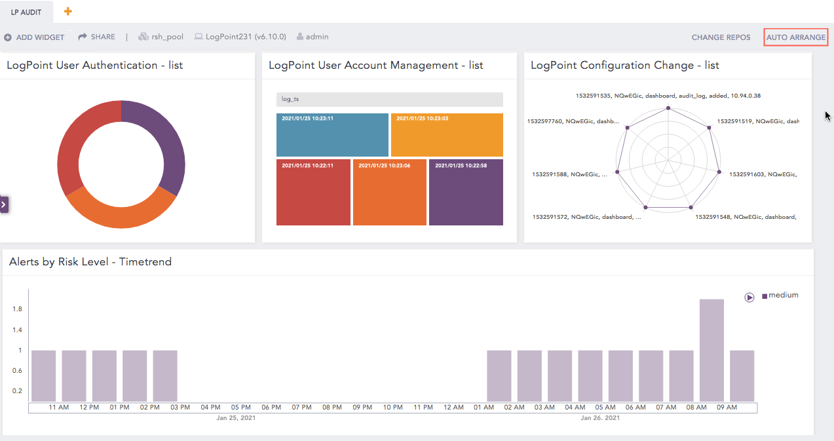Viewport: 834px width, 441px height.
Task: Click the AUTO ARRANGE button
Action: [x=796, y=37]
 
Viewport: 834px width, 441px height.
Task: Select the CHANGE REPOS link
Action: [x=721, y=37]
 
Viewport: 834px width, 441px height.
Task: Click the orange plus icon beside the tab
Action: [x=68, y=12]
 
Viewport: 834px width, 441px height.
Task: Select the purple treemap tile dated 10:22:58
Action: [x=466, y=192]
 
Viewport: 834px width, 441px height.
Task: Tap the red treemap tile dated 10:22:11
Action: [x=313, y=192]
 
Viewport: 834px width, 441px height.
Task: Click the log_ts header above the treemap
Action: [x=389, y=100]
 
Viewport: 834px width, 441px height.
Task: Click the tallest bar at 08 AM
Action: [x=711, y=350]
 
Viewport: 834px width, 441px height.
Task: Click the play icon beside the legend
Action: [x=749, y=297]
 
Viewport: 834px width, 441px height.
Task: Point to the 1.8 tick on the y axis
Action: [x=18, y=309]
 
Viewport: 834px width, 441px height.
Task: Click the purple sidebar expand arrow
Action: [x=4, y=204]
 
